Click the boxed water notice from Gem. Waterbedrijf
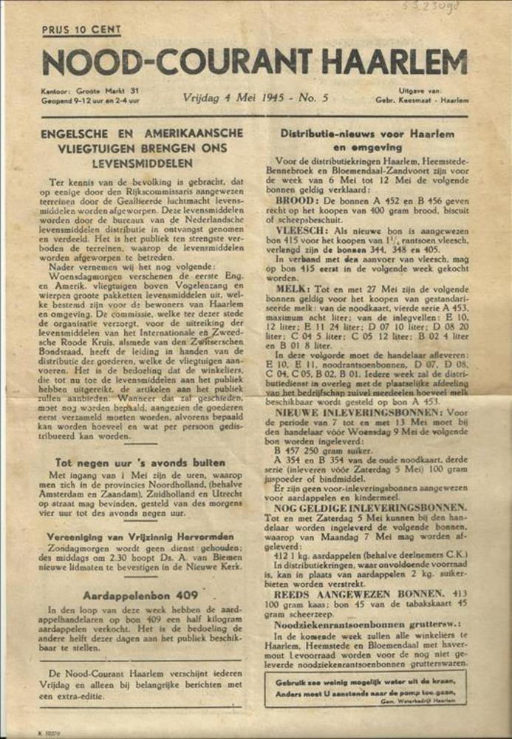click(366, 688)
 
